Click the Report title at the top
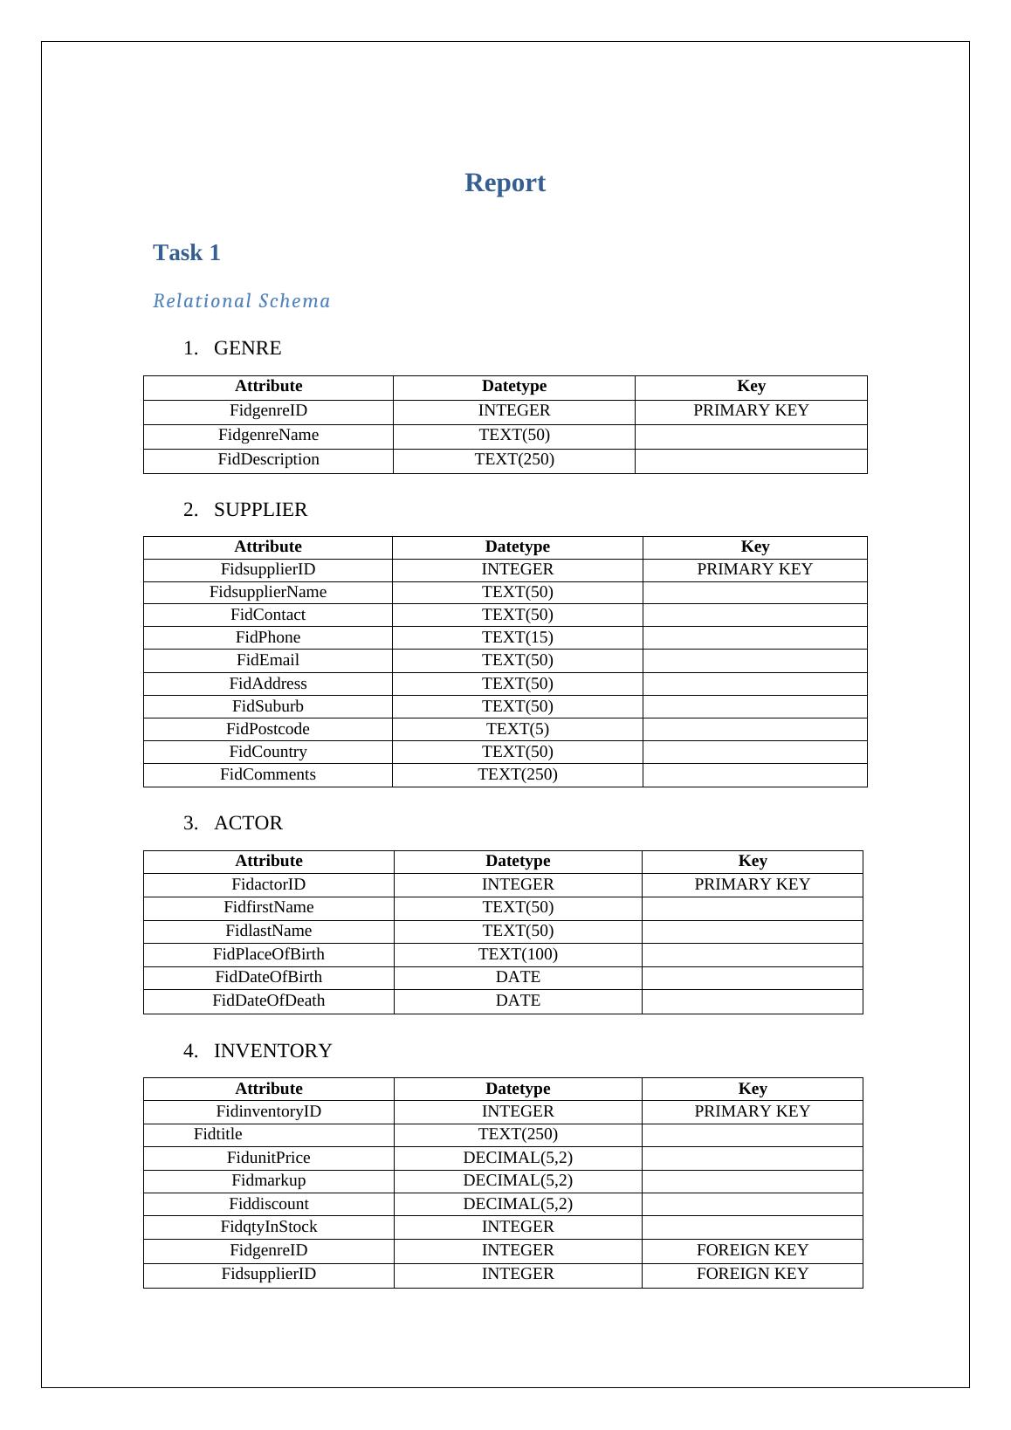505,182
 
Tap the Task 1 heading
187,252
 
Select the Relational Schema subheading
242,301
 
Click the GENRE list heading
247,348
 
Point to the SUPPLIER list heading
260,510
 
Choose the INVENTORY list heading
272,1051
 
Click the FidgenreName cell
268,435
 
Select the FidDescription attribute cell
268,459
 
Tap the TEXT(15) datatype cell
517,637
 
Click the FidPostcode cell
268,729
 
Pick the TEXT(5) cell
517,729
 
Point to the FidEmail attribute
268,660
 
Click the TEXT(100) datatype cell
518,954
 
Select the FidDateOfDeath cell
268,1000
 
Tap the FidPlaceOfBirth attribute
268,954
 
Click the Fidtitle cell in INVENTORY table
218,1134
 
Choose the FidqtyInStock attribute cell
268,1227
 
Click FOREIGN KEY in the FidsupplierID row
752,1274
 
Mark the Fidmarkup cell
268,1180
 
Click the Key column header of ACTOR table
752,861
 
